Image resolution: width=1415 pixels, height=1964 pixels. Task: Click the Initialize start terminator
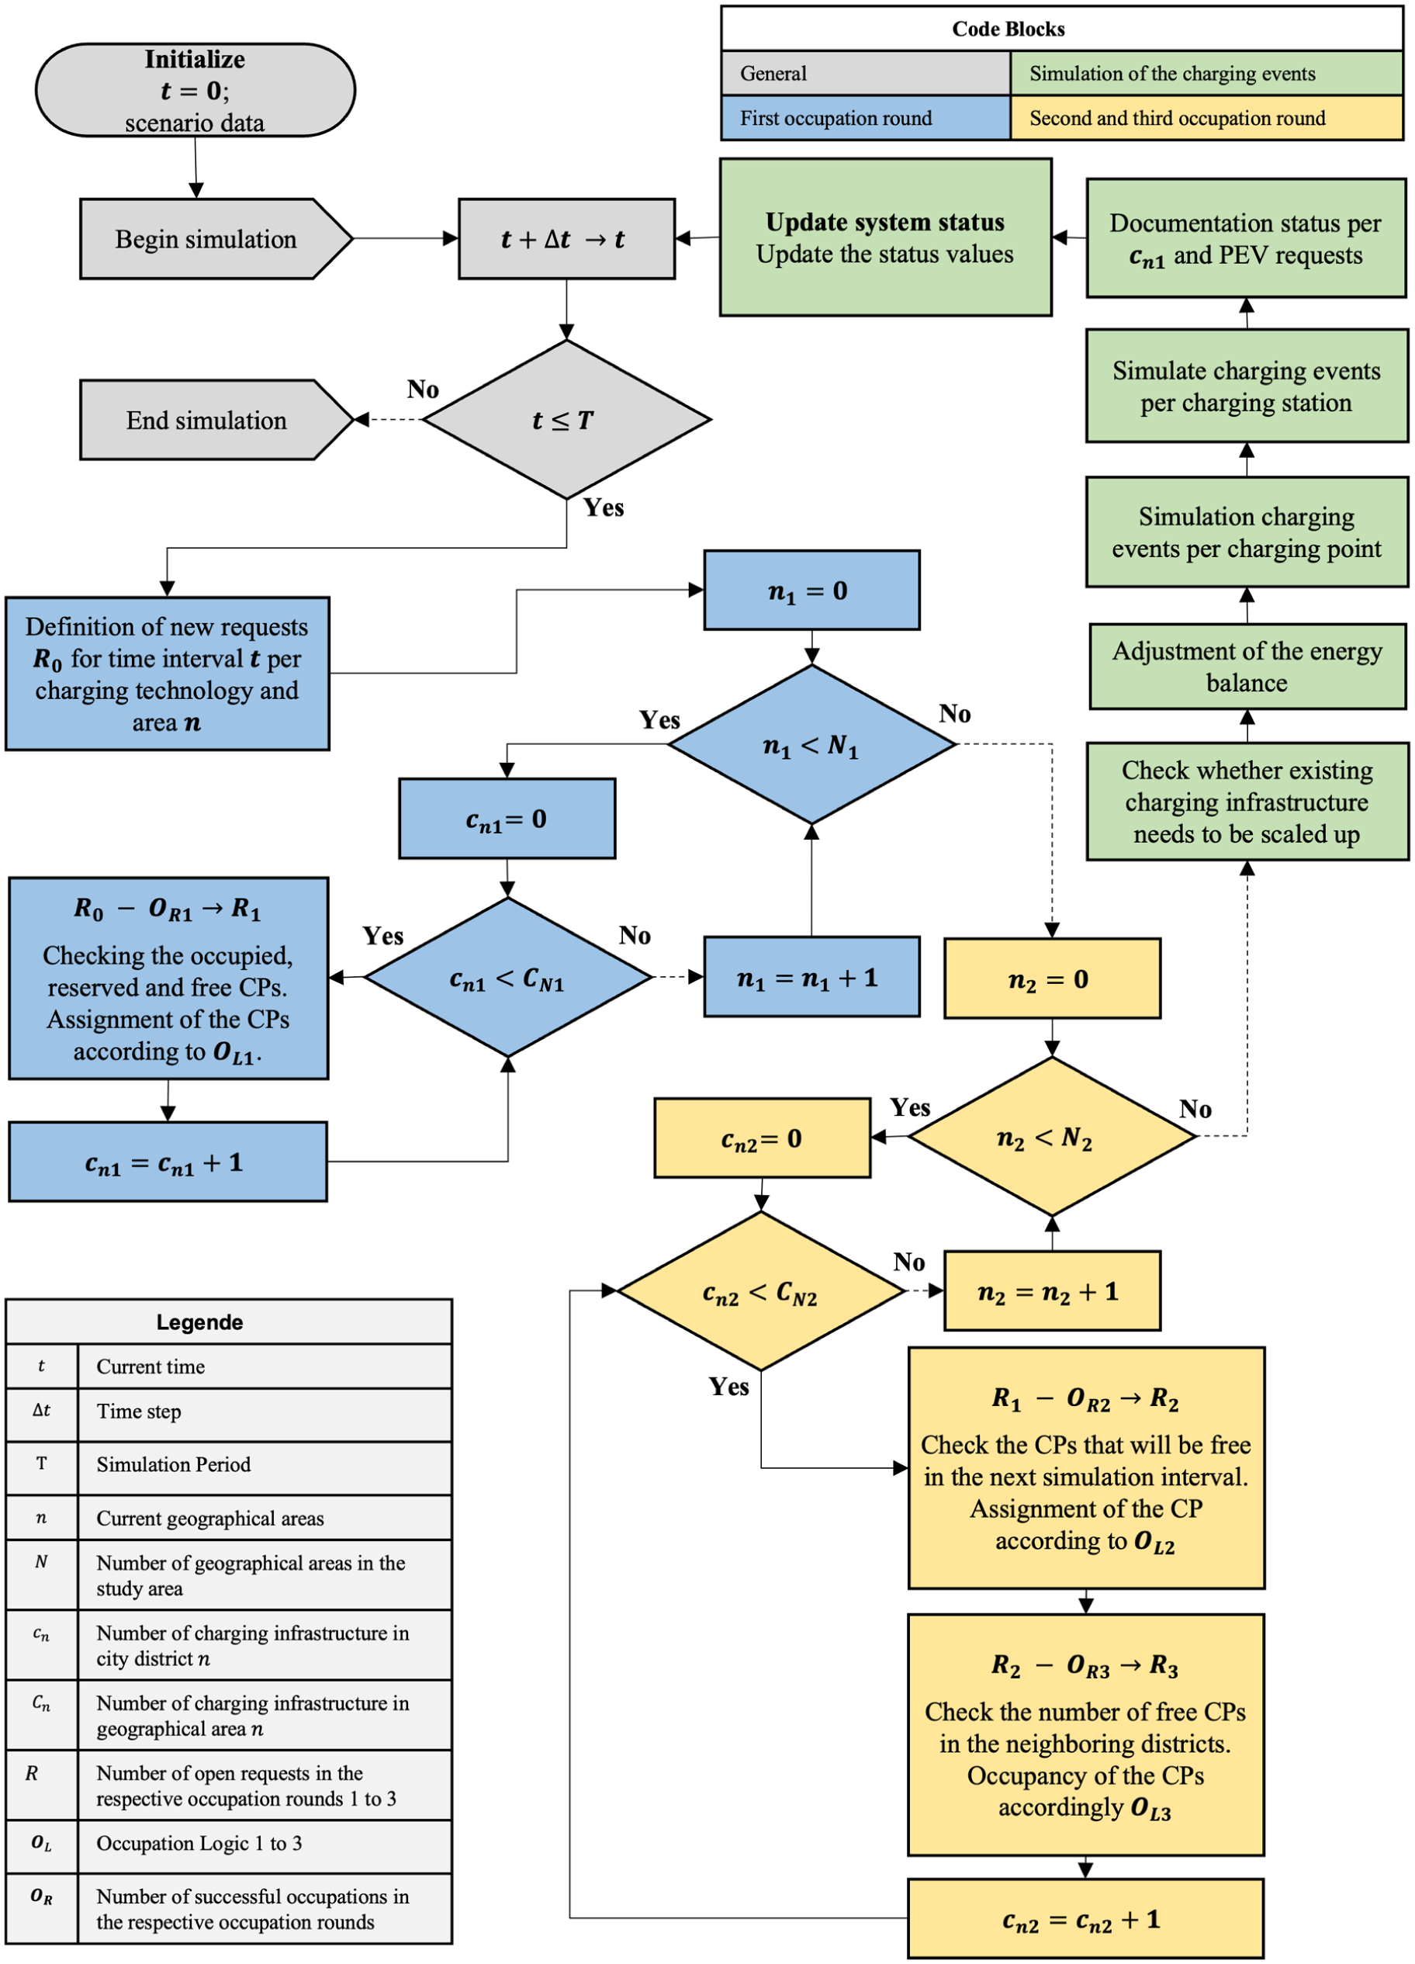click(x=195, y=90)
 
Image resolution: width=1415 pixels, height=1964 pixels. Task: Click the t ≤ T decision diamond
click(x=566, y=420)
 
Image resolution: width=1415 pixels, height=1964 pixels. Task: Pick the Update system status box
click(x=886, y=237)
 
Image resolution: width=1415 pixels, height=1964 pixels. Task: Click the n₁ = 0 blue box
click(x=811, y=591)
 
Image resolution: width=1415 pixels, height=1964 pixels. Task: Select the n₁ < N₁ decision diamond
click(x=811, y=745)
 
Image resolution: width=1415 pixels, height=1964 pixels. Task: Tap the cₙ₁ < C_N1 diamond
click(x=507, y=978)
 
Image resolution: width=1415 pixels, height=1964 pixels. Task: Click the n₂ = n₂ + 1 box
click(x=1052, y=1291)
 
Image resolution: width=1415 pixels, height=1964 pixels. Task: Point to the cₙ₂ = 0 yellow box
click(x=762, y=1138)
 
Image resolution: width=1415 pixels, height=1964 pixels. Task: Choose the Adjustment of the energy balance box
click(x=1248, y=667)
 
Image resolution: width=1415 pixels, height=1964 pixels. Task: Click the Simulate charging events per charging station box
click(x=1248, y=386)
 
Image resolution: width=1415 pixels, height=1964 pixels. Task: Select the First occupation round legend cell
click(x=866, y=118)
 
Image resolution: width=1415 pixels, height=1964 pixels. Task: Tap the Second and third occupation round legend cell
click(x=1207, y=118)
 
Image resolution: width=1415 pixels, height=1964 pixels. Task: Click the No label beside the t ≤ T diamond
click(x=424, y=390)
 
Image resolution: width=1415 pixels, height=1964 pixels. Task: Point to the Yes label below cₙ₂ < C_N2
click(x=729, y=1387)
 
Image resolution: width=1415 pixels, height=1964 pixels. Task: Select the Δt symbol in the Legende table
click(x=42, y=1410)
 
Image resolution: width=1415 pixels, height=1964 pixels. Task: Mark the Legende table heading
click(x=200, y=1322)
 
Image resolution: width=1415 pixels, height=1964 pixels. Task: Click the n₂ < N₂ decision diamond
click(x=1052, y=1137)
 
